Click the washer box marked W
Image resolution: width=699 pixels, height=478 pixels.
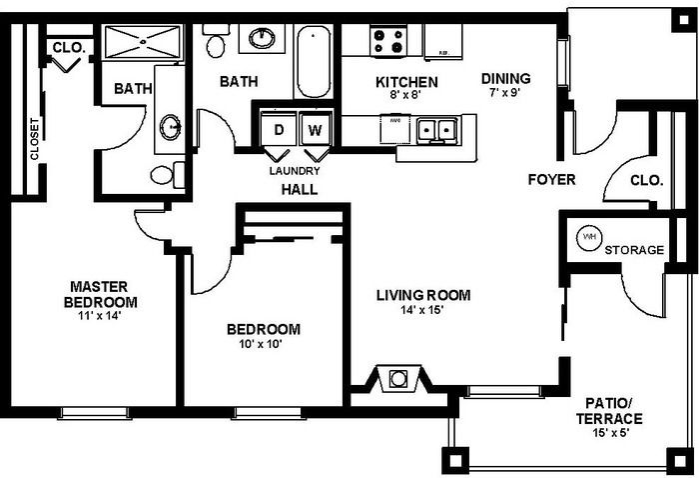click(315, 130)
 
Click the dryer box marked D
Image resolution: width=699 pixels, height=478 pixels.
click(279, 130)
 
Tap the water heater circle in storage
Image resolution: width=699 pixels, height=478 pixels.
click(589, 239)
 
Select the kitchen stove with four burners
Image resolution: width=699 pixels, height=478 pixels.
click(390, 41)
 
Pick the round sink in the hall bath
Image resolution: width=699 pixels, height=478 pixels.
click(264, 39)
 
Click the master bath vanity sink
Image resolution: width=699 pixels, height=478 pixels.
click(171, 126)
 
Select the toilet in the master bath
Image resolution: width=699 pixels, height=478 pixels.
click(165, 175)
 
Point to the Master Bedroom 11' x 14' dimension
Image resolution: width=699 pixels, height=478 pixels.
click(101, 315)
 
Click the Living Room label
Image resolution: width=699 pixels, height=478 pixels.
click(422, 295)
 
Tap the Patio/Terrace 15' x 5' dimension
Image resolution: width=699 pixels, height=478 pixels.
click(608, 433)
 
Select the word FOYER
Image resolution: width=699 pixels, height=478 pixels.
click(552, 180)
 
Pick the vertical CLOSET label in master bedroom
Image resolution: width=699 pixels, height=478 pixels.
click(35, 141)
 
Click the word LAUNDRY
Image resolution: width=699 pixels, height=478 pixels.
click(295, 171)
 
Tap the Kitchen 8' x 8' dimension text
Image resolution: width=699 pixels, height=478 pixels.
click(405, 96)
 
